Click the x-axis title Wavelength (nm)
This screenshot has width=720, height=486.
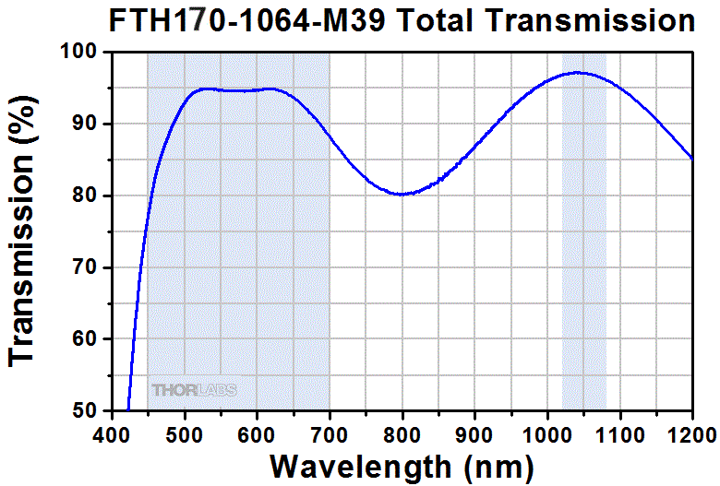[402, 464]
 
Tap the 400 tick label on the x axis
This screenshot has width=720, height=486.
[112, 432]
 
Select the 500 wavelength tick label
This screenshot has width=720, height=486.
[185, 432]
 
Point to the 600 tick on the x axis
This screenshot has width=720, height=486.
[257, 432]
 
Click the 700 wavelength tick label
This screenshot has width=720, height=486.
[330, 432]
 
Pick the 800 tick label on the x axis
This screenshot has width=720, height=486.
[402, 432]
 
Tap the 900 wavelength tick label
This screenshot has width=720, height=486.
[474, 432]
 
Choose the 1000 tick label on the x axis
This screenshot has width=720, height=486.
[546, 432]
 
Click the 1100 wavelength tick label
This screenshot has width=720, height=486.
[619, 432]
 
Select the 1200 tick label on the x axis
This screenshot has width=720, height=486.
[691, 432]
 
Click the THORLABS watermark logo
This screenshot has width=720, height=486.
[194, 390]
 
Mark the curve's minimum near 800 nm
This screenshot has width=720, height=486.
[402, 195]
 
